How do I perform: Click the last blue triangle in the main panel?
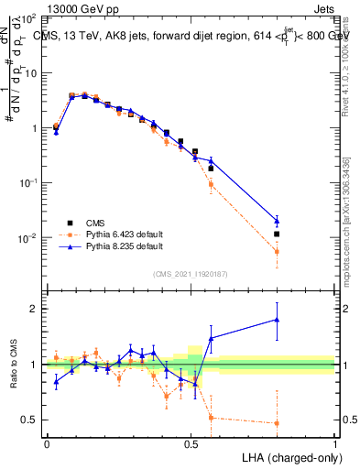278,220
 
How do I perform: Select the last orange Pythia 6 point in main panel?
278,251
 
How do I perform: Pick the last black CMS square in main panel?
278,234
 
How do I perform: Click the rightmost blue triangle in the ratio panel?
278,320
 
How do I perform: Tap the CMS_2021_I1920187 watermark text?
190,274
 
